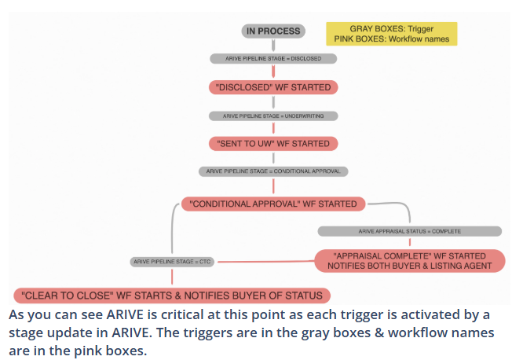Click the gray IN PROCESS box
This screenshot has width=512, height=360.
coord(272,31)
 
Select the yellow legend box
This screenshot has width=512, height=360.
coord(391,34)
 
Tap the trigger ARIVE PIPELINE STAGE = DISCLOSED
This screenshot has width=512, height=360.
coord(272,58)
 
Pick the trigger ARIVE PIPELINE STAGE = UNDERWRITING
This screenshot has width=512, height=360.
coord(272,116)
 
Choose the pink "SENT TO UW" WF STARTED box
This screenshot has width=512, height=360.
coord(272,144)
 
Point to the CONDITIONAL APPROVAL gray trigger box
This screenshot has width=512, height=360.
coord(272,171)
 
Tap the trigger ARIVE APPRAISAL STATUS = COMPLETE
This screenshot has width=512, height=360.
coord(409,231)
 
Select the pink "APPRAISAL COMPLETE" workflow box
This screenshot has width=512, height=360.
coord(409,260)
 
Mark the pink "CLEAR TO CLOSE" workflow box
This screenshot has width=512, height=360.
coord(172,296)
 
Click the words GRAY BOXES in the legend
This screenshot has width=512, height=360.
coord(357,29)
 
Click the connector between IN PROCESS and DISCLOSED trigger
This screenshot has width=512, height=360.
coord(272,46)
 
